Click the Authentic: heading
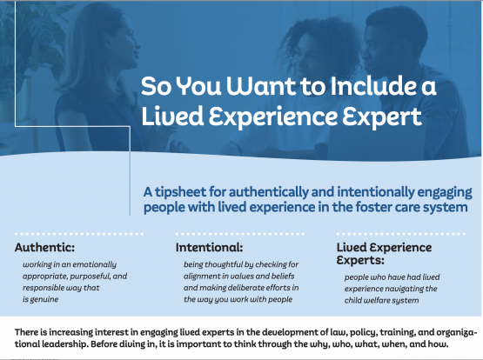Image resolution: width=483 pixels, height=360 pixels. point(44,247)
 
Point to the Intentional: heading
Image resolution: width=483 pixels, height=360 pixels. point(210,247)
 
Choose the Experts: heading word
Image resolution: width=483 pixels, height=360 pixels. point(360,260)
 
